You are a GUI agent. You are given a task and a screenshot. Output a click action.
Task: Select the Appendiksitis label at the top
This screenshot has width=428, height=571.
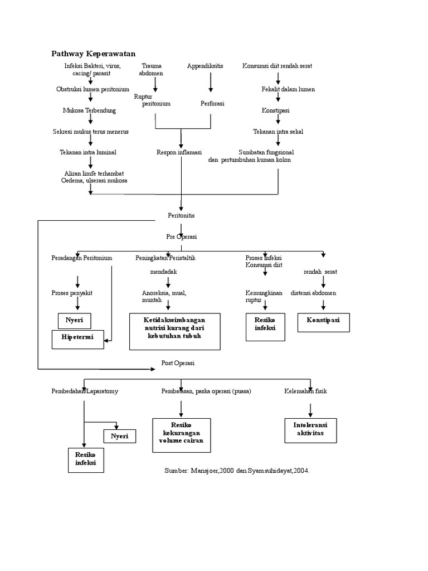point(205,66)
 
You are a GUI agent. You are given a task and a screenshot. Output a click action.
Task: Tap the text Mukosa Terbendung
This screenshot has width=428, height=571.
point(89,110)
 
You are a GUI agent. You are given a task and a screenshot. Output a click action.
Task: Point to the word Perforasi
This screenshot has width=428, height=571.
point(212,103)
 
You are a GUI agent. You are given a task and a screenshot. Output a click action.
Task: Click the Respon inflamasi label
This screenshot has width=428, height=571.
point(179,152)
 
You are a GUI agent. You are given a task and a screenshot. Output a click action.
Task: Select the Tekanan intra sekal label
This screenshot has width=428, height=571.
point(279,132)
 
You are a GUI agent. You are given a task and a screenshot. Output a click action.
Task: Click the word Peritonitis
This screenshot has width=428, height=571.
point(181,215)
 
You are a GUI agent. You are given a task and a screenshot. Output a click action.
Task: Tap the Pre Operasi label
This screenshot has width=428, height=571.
point(181,236)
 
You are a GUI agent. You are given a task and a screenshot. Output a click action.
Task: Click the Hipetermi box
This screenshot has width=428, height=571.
point(77,338)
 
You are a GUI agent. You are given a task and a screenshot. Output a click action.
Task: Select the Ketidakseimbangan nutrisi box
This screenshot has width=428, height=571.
point(174,331)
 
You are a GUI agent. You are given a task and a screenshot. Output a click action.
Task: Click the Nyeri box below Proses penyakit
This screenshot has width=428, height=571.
point(74,321)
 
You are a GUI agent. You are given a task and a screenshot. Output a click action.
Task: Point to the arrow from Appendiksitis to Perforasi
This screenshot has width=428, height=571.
point(211,83)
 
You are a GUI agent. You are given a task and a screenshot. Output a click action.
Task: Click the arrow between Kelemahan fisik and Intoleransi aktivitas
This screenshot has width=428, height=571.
point(310,408)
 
